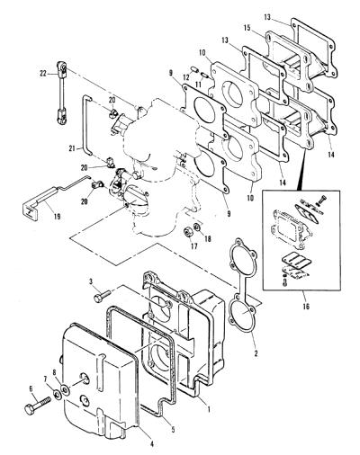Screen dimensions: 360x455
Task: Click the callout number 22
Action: tap(43, 73)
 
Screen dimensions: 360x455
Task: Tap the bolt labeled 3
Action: tap(103, 295)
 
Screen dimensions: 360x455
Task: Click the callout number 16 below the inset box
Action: tap(306, 306)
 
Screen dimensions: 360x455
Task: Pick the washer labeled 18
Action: tap(197, 227)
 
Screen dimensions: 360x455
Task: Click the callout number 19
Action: tap(57, 216)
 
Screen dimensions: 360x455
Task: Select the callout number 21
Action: tap(72, 148)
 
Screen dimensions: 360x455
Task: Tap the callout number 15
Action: tap(247, 28)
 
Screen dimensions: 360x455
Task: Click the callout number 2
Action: tap(256, 353)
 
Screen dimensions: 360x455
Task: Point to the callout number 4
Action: tap(152, 443)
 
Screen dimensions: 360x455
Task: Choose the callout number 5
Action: tap(173, 429)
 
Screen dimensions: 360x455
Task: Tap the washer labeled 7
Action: tap(57, 394)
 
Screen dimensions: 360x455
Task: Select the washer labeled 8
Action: tap(65, 389)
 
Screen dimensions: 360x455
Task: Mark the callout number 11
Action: tap(199, 85)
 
